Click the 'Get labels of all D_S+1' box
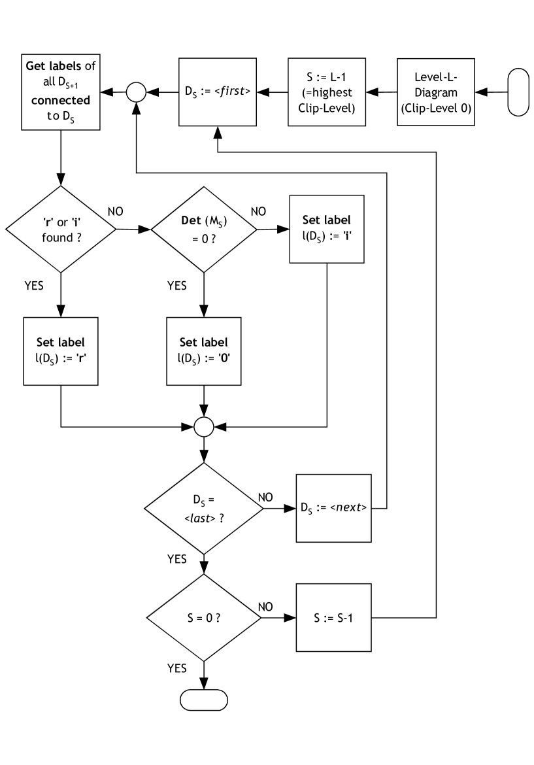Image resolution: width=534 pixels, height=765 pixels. (61, 92)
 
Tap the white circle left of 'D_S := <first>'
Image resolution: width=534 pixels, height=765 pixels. (136, 92)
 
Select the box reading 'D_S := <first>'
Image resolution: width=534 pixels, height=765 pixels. (218, 92)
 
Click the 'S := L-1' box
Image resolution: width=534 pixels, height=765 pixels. (327, 92)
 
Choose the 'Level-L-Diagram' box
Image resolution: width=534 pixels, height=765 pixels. (435, 92)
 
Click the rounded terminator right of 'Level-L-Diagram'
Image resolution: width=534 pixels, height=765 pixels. (518, 92)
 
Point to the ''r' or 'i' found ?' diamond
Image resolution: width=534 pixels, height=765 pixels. (61, 229)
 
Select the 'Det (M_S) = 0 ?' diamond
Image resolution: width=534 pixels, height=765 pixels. (204, 229)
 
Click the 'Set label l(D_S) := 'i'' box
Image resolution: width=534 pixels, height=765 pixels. (327, 229)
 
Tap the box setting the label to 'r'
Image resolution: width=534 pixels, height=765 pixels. (61, 351)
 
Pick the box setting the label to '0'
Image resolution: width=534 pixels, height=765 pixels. (204, 351)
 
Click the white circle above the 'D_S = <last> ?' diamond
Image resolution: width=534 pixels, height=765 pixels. (204, 427)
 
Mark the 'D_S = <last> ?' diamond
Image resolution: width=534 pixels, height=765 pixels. (204, 508)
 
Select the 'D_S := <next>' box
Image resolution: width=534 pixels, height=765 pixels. (333, 508)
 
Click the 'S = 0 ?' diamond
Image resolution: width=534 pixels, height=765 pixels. (204, 617)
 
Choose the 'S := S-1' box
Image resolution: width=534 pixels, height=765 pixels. (333, 617)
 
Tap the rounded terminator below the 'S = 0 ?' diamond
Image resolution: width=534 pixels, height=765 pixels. (204, 700)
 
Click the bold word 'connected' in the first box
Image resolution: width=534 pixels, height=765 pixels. (61, 101)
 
